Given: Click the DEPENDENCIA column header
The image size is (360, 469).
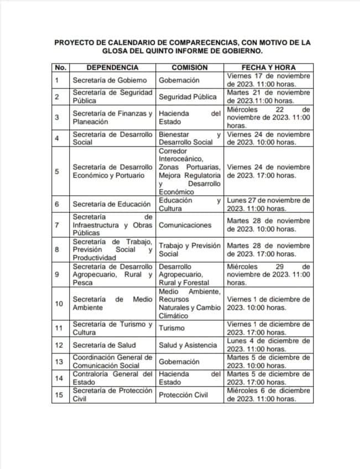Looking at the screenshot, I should tap(112, 67).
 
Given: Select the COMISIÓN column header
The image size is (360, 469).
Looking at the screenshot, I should tap(189, 67).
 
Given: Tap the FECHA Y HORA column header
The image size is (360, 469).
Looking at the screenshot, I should tap(268, 67).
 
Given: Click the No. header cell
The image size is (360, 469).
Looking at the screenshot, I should tap(60, 67).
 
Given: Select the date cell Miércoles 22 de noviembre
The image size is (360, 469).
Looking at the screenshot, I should tap(268, 117).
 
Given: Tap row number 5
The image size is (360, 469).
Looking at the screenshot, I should tap(57, 171).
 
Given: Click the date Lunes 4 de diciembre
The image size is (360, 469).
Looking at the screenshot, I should tap(268, 345).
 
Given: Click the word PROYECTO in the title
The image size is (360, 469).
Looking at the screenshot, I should tap(77, 41).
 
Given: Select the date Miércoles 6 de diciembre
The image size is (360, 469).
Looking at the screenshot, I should tap(268, 395).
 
